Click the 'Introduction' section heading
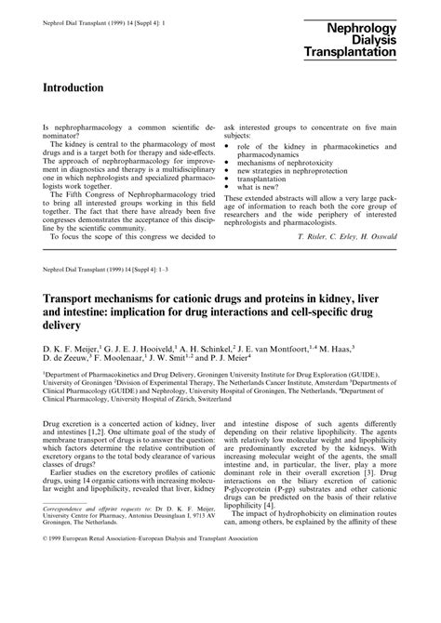73,86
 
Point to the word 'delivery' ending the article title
65,326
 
